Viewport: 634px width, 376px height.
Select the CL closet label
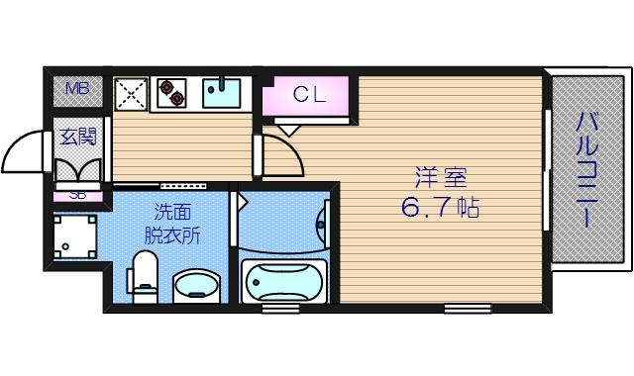click(x=307, y=95)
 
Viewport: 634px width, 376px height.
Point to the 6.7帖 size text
click(x=441, y=210)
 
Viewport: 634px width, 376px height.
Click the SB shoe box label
click(x=77, y=194)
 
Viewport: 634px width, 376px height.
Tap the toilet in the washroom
click(x=146, y=274)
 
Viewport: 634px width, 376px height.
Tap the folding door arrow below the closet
click(x=288, y=129)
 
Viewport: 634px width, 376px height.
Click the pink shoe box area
click(x=77, y=195)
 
